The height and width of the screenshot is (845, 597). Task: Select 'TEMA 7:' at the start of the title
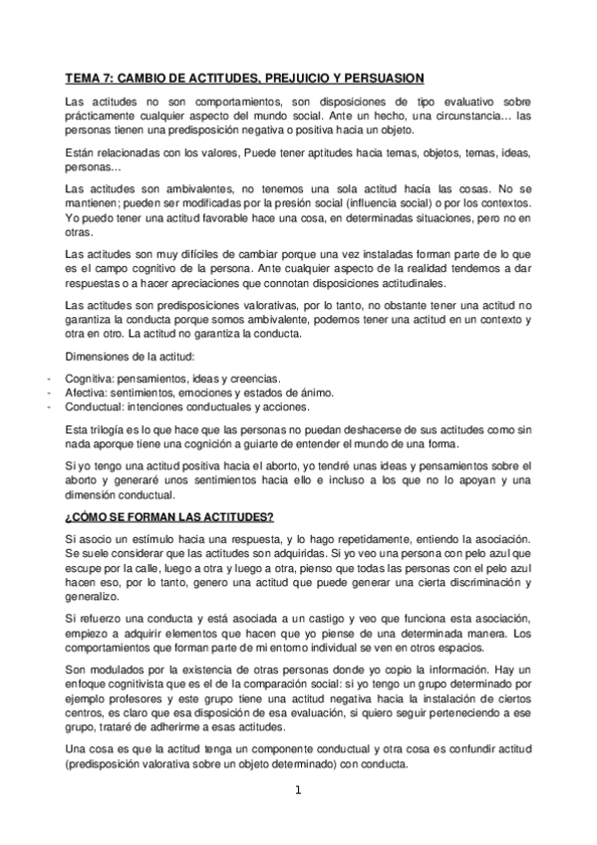coord(89,77)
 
